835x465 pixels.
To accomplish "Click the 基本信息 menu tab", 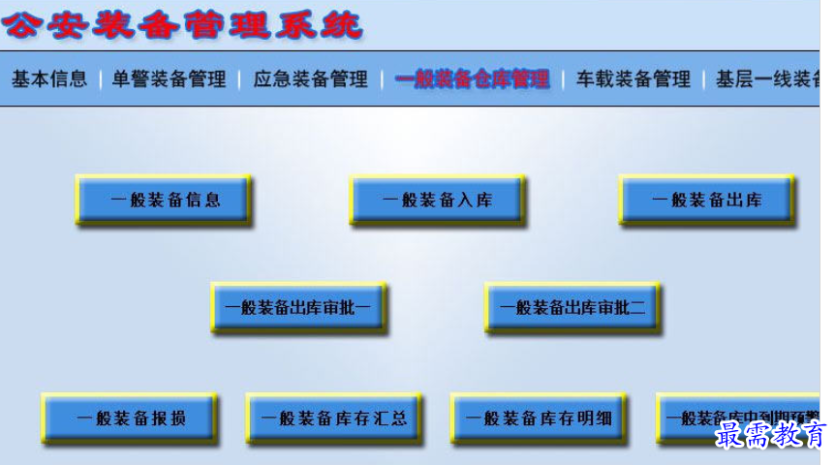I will click(x=49, y=79).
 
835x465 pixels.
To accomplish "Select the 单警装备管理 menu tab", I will click(x=169, y=79).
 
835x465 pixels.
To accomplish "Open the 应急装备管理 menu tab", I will click(x=311, y=79).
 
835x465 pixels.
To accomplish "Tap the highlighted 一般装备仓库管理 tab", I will click(x=473, y=79).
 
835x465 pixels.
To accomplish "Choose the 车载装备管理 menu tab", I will click(x=634, y=79).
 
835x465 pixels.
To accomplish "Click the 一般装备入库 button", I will click(x=438, y=201).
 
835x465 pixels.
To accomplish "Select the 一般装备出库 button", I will click(x=706, y=201).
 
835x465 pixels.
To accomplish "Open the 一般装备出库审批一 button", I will click(x=298, y=308).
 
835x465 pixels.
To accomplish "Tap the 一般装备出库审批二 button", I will click(x=572, y=308).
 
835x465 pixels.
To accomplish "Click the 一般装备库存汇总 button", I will click(x=334, y=418).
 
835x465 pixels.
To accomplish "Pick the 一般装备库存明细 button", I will click(x=539, y=418).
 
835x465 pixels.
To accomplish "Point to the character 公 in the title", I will click(x=21, y=25).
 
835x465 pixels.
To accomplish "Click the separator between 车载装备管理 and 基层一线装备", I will click(x=703, y=79).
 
